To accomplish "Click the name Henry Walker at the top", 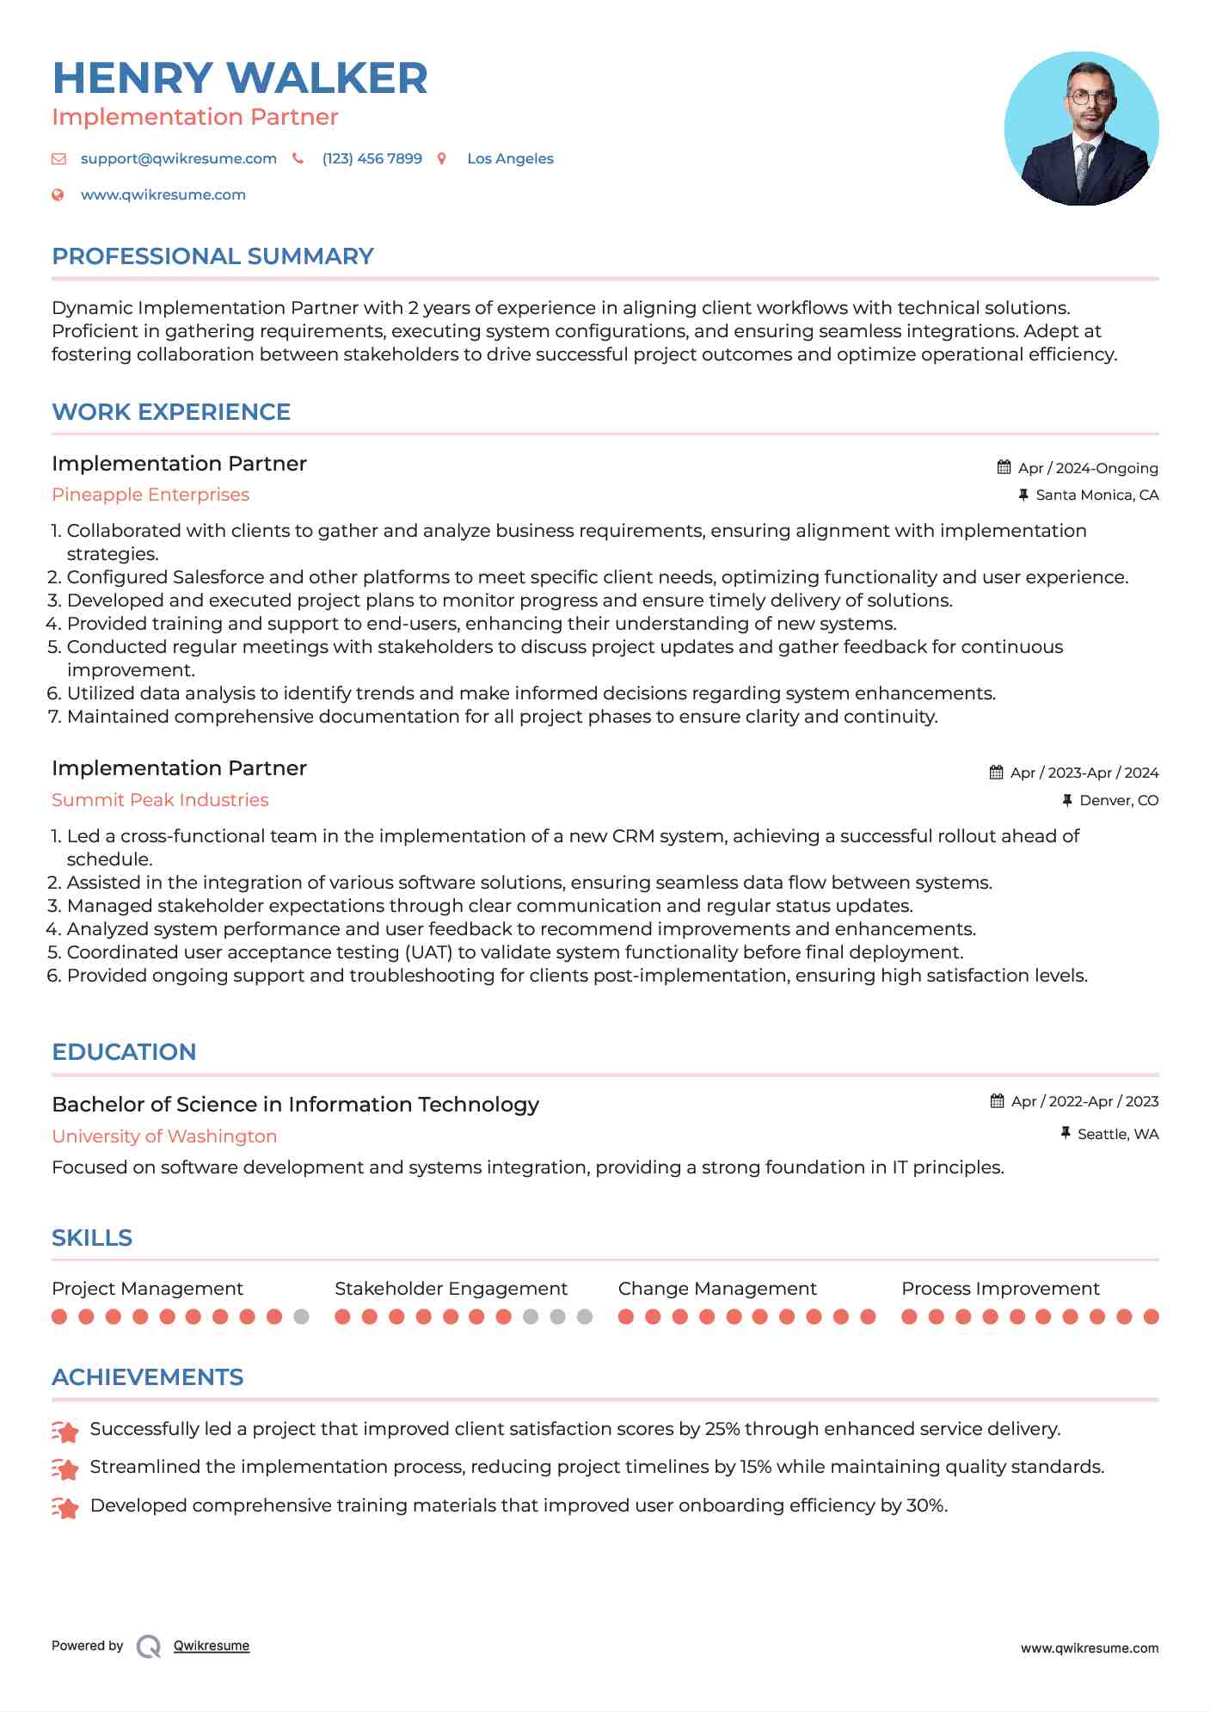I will pos(240,78).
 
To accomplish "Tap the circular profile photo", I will pos(1081,129).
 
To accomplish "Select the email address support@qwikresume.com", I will pos(178,159).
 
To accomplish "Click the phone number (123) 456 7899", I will pos(372,159).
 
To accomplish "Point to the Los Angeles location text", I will pos(510,159).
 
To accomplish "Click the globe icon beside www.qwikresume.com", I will pos(58,195).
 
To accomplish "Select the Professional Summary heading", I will pos(212,256).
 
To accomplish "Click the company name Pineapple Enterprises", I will pos(150,495).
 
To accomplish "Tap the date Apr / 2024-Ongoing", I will pos(1087,468).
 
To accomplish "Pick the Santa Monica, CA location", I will pos(1096,496).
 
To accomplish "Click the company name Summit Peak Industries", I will pos(160,800).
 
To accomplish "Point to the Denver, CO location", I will pos(1118,801).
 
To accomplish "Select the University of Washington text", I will pos(164,1136).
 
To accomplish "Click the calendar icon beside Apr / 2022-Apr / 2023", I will pos(998,1101).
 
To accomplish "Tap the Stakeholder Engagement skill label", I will pos(451,1289).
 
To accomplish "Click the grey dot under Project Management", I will pos(301,1316).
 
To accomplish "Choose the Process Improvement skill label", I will pos(1000,1289).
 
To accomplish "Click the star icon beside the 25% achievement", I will pos(65,1431).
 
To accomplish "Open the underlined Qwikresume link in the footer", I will pos(212,1646).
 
